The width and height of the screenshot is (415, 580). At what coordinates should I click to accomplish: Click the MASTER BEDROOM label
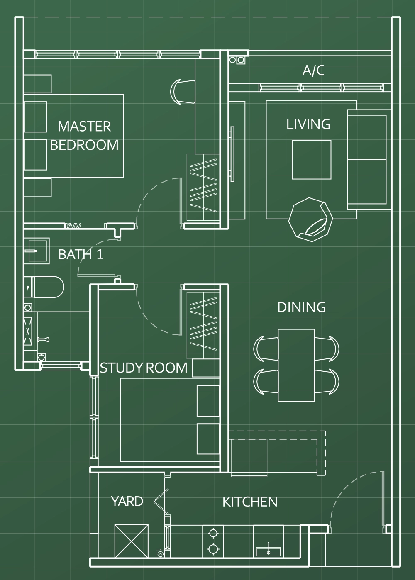coord(84,136)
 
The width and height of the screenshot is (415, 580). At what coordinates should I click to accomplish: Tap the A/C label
coord(313,71)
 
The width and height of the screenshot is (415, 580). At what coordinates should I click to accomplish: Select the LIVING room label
coord(308,124)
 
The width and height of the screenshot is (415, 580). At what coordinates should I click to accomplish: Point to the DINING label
coord(302,307)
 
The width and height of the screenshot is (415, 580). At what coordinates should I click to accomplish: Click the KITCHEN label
coord(250,502)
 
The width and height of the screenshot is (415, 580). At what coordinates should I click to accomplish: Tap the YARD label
coord(127,501)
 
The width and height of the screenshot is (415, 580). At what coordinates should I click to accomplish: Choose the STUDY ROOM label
coord(144,368)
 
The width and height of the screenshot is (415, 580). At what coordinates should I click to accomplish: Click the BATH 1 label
coord(81,254)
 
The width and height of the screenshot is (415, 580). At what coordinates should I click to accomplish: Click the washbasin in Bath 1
coord(37,251)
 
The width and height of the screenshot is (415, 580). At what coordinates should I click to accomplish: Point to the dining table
coord(296,366)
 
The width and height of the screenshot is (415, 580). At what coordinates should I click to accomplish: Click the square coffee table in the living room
coord(311,160)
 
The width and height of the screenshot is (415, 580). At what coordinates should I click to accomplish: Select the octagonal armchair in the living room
coord(310,219)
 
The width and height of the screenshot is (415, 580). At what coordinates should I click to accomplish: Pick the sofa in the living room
coord(369,159)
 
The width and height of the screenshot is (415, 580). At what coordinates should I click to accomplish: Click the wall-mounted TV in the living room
coord(232,154)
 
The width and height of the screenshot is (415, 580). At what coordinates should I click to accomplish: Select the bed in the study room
coord(170,420)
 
